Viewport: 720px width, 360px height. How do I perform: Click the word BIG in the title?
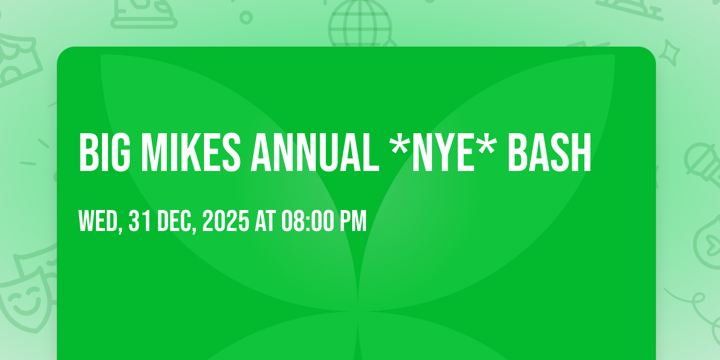tap(105, 152)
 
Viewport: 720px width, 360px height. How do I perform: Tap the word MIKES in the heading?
tap(191, 152)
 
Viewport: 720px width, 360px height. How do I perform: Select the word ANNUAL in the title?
tap(315, 152)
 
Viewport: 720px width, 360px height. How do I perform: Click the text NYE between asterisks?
tap(443, 152)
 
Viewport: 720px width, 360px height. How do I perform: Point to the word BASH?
tap(550, 152)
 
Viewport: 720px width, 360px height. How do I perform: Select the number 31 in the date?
tap(139, 221)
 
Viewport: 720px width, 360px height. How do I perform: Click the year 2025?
tap(226, 221)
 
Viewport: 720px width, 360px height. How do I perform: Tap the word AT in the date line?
tap(265, 221)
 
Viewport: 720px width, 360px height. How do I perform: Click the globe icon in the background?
tap(359, 23)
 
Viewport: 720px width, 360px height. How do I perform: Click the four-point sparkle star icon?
tap(669, 53)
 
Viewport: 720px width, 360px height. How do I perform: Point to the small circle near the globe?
tap(246, 17)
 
